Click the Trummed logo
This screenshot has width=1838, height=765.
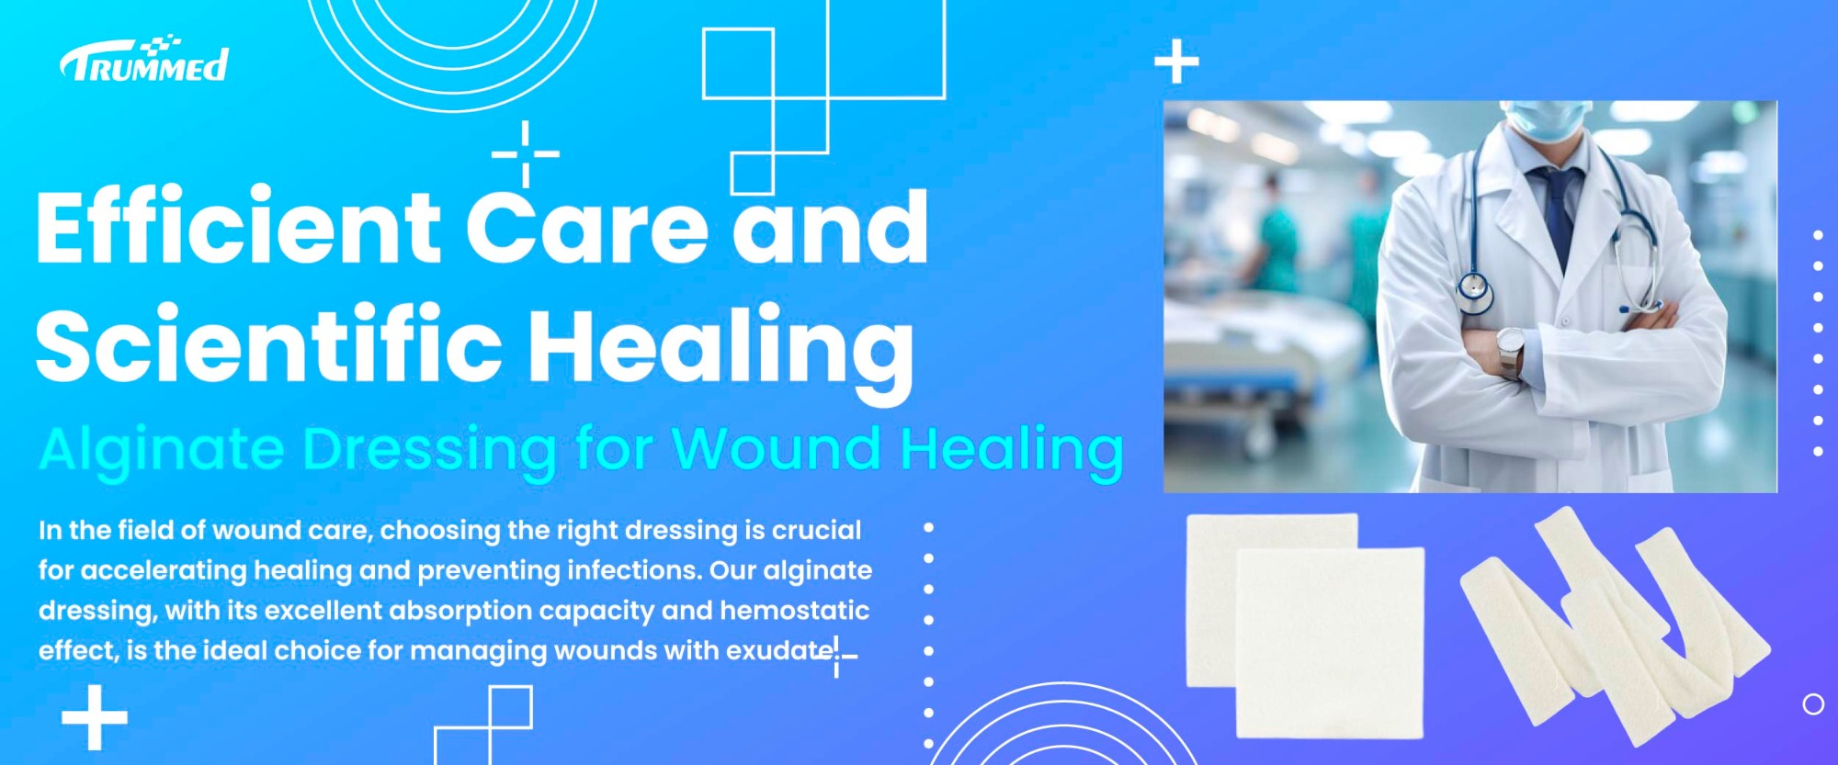coord(144,61)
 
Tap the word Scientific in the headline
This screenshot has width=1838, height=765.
coord(268,343)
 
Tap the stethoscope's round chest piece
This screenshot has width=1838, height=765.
coord(1475,291)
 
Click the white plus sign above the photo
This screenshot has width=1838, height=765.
coord(1176,62)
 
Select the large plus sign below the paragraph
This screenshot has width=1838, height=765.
coord(95,716)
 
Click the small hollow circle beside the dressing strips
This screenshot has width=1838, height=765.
coord(1813,704)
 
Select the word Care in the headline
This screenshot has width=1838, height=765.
coord(587,226)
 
